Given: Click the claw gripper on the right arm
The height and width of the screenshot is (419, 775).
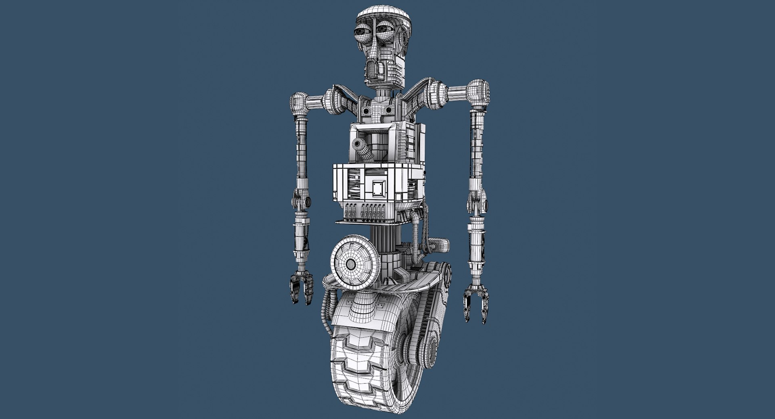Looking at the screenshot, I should click(476, 302).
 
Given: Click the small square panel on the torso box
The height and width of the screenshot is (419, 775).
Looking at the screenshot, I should click(379, 189).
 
